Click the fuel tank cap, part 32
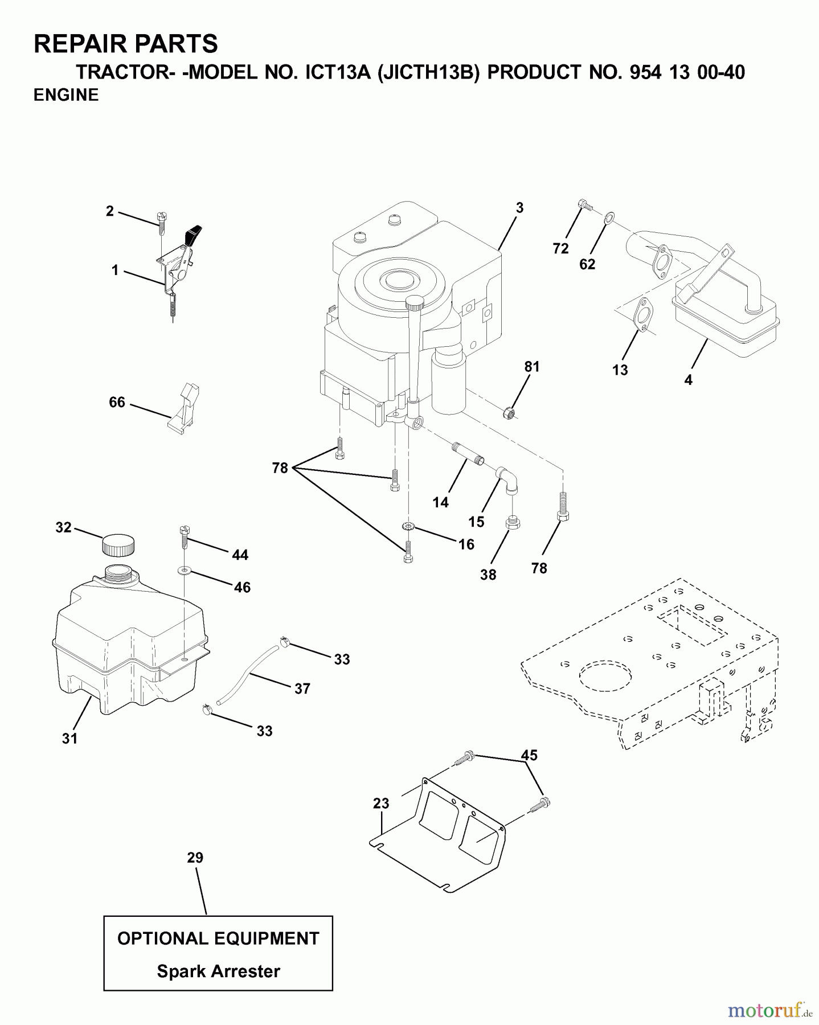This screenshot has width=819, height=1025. tap(118, 545)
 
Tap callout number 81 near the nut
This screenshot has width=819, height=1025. tap(531, 367)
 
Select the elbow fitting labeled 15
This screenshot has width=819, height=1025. tap(507, 479)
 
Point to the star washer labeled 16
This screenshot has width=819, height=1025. tap(407, 525)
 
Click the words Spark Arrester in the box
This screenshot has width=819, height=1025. tap(218, 971)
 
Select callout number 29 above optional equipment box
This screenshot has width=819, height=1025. tap(195, 858)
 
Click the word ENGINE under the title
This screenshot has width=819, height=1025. tap(66, 95)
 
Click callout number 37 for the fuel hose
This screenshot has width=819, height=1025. tap(302, 689)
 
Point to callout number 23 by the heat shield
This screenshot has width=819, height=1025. tap(381, 803)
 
